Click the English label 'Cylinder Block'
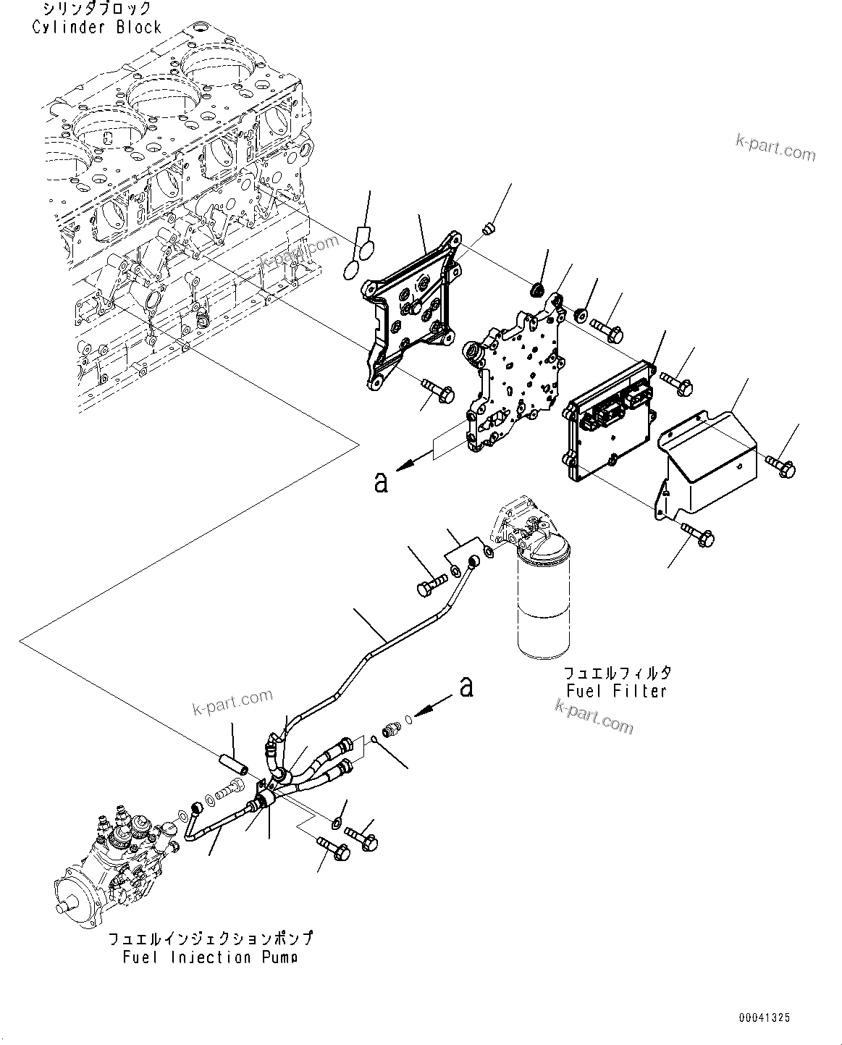click(x=96, y=28)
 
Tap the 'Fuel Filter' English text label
click(x=616, y=690)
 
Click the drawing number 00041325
click(x=765, y=1018)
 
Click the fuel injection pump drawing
click(x=119, y=854)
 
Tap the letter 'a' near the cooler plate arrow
click(x=381, y=482)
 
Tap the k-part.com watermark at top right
click(x=775, y=148)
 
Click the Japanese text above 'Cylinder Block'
click(x=96, y=9)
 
